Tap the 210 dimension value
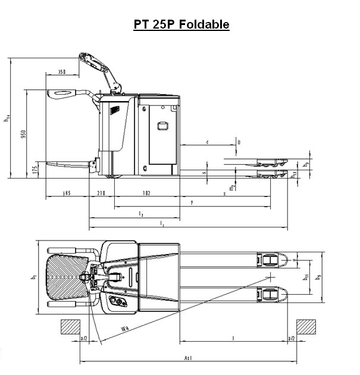[x=101, y=193]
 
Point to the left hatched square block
[x=70, y=327]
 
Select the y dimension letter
[x=192, y=202]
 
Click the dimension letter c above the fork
[x=206, y=142]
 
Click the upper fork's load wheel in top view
[x=270, y=260]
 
